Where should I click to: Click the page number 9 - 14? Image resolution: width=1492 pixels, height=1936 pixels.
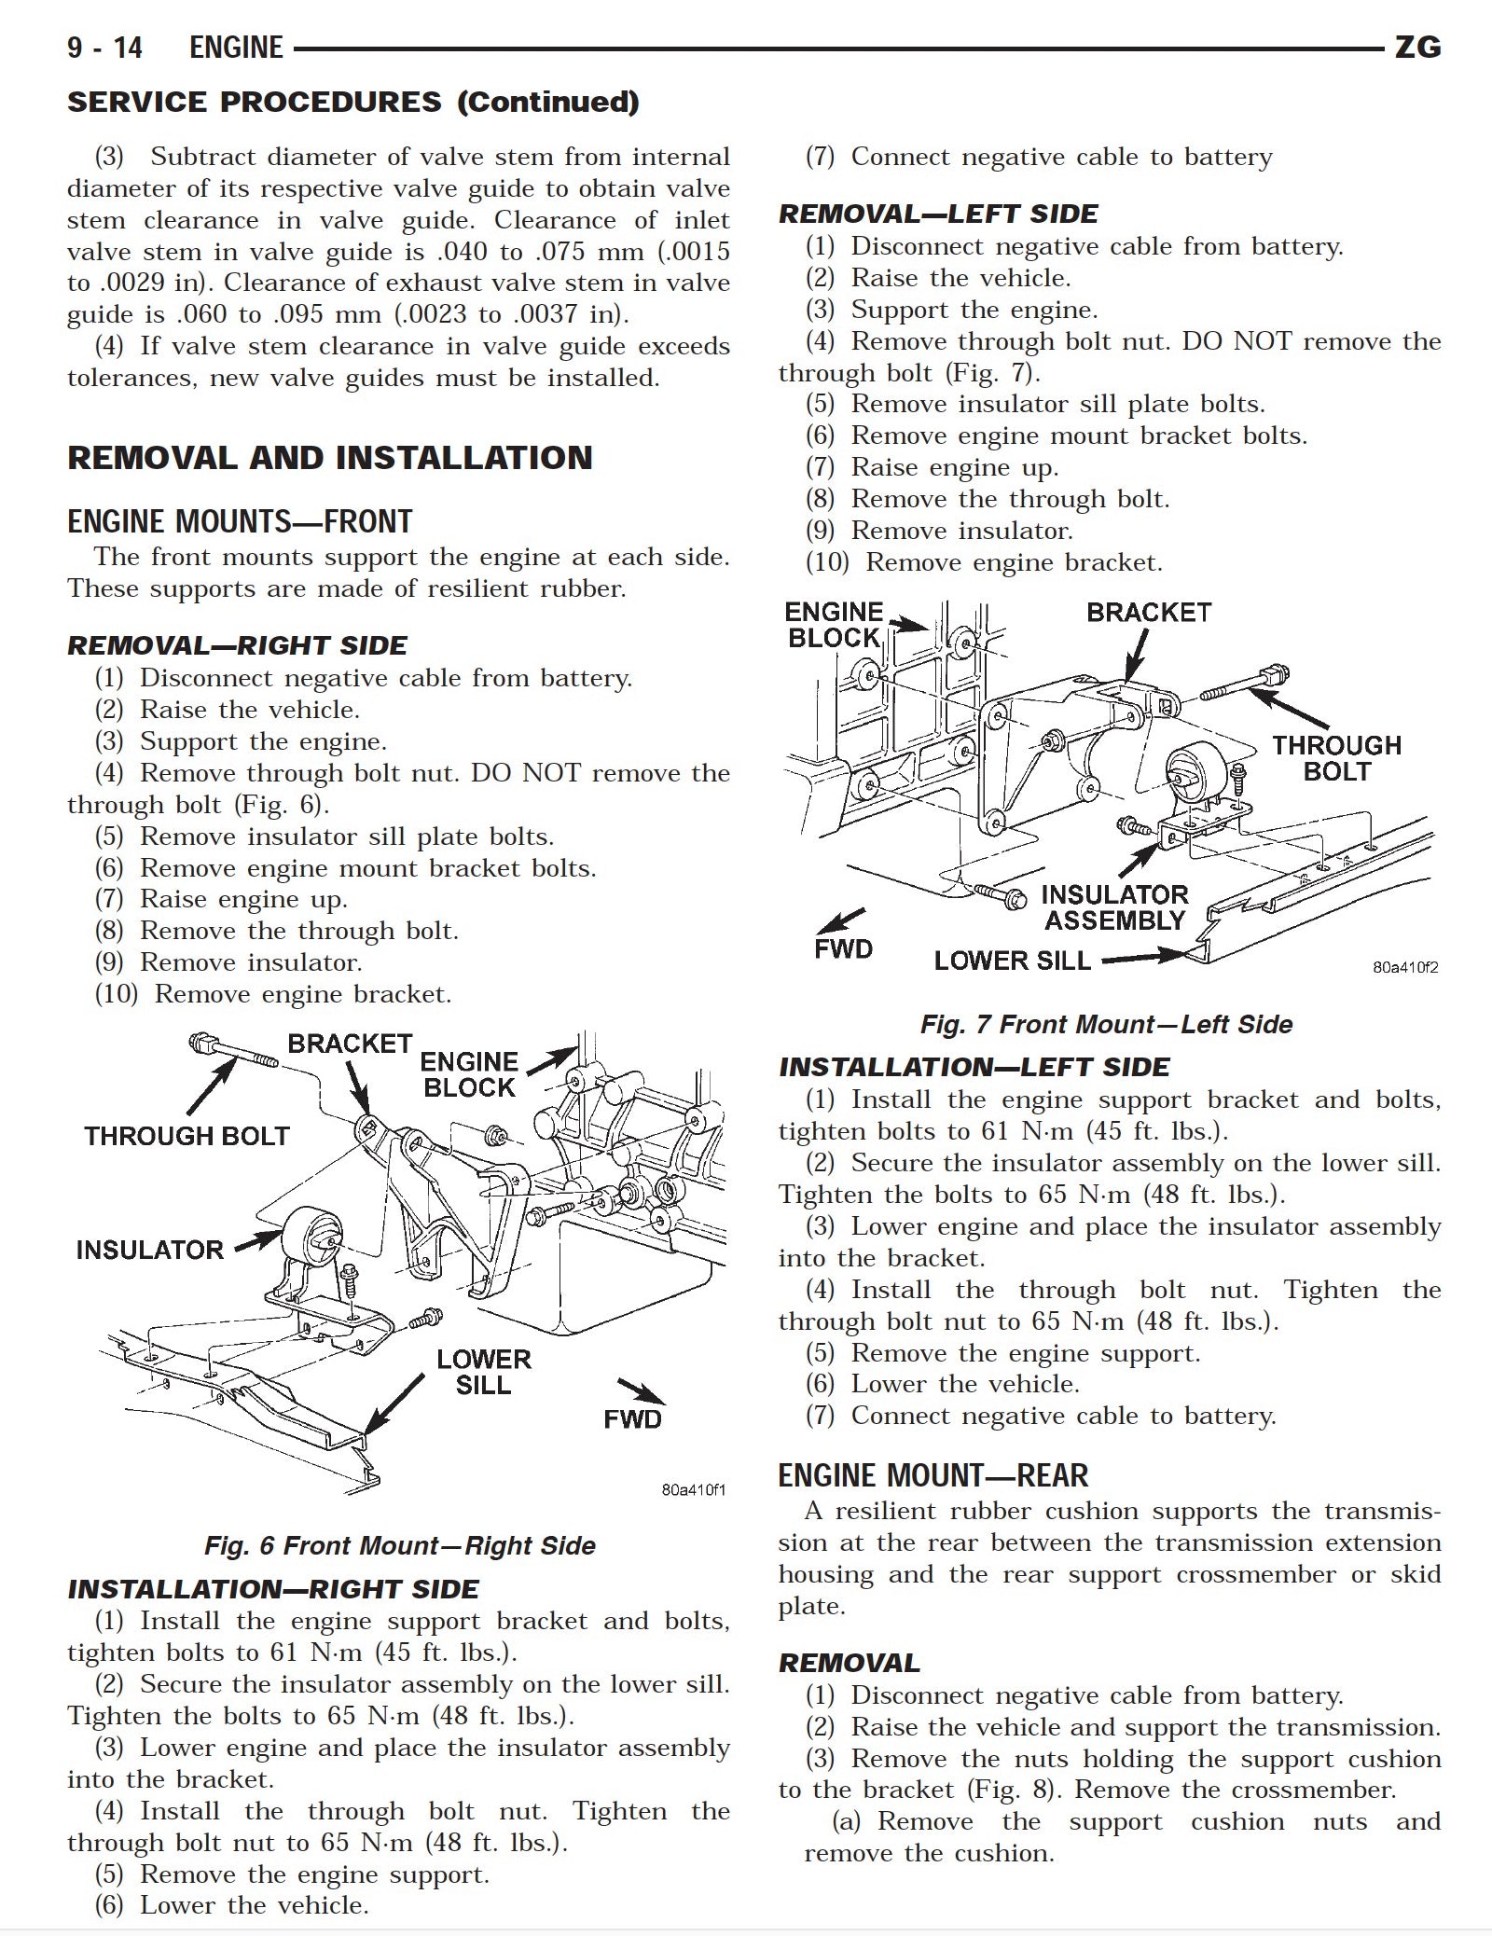[104, 48]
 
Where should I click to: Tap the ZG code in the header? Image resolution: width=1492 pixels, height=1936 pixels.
[1417, 48]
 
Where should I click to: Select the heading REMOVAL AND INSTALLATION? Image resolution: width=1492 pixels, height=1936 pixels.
[329, 458]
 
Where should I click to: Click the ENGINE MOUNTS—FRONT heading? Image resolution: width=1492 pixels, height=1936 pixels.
[240, 521]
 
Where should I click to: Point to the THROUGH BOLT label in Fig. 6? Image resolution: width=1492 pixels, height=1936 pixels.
[186, 1136]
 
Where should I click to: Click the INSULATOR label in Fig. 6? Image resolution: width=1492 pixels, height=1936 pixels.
[149, 1250]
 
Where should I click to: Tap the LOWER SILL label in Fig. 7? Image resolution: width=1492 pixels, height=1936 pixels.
[1012, 961]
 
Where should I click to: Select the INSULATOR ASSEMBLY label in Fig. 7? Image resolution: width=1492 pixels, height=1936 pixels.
[1114, 907]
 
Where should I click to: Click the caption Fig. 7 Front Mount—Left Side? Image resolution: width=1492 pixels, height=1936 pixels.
[1106, 1024]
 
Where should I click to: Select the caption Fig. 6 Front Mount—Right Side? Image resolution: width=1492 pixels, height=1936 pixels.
[399, 1545]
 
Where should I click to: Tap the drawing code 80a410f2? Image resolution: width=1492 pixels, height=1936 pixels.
[1404, 967]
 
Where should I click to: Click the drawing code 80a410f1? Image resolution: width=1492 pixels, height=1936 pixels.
[693, 1489]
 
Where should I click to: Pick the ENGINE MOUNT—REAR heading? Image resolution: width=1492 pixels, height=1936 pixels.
[932, 1475]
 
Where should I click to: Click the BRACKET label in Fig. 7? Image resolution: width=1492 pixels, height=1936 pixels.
[1148, 613]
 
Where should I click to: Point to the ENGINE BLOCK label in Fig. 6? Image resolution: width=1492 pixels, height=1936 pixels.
[468, 1074]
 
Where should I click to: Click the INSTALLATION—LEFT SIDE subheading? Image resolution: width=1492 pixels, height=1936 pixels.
[974, 1067]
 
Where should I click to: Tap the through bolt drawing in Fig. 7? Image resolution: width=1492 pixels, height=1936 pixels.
[1245, 683]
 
